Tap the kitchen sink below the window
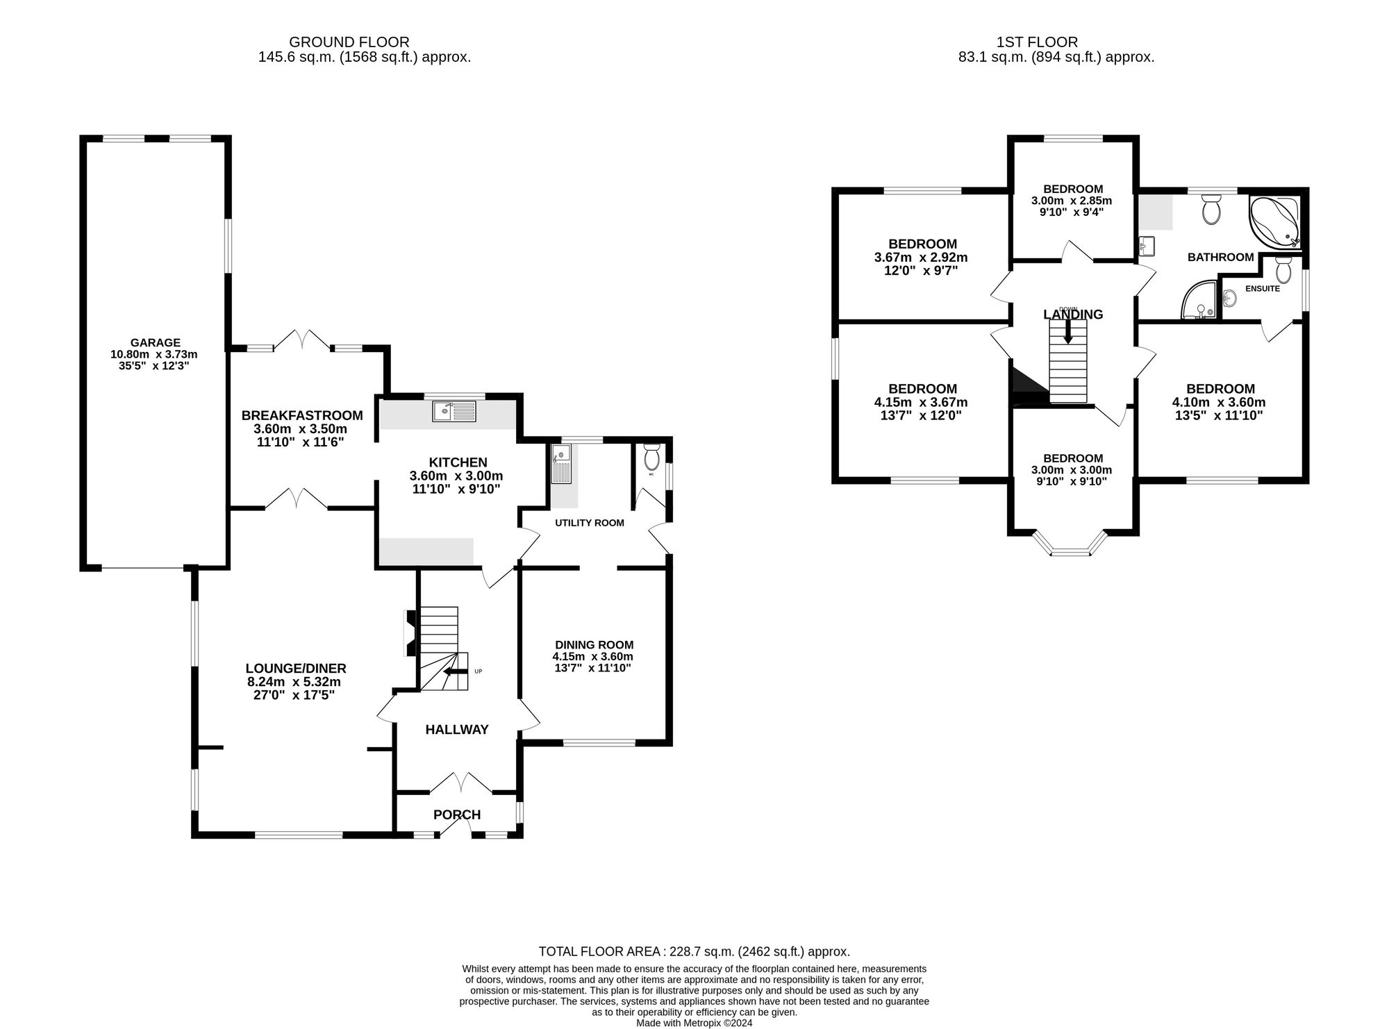(455, 411)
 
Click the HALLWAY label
(457, 730)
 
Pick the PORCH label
(457, 814)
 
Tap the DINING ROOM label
(593, 645)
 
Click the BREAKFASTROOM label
(302, 415)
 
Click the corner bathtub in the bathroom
(1274, 221)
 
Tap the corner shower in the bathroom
(1199, 301)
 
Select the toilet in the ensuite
(1283, 270)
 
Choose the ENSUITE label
(1263, 288)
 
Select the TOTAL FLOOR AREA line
(694, 952)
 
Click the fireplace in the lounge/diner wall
(409, 633)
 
